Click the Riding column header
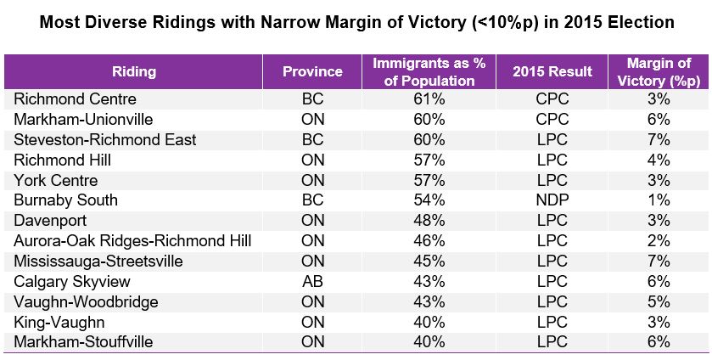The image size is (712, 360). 134,72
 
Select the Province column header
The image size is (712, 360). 312,72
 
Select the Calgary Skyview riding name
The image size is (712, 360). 64,282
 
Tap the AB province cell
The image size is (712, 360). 312,282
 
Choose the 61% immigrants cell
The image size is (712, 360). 431,98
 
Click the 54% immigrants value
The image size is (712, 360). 431,200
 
